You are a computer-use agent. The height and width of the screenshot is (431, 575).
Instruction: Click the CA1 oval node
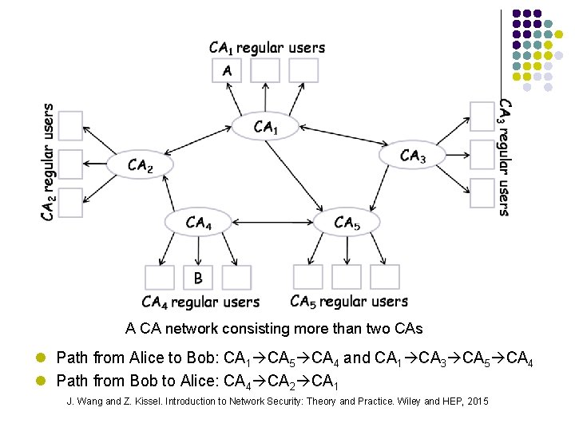pyautogui.click(x=265, y=126)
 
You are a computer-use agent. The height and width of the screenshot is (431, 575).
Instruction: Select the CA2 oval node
pyautogui.click(x=139, y=165)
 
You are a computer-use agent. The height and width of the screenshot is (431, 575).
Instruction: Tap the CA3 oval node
pyautogui.click(x=412, y=155)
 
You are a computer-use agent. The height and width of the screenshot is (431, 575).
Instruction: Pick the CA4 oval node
pyautogui.click(x=198, y=223)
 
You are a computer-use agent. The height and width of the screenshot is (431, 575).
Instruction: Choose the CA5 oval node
pyautogui.click(x=347, y=223)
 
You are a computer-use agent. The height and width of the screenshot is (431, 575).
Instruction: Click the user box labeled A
pyautogui.click(x=227, y=70)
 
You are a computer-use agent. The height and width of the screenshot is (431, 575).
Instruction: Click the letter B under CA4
pyautogui.click(x=198, y=278)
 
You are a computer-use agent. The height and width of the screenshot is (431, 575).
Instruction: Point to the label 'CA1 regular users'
pyautogui.click(x=267, y=48)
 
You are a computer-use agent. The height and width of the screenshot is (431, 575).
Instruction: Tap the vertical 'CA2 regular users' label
pyautogui.click(x=49, y=162)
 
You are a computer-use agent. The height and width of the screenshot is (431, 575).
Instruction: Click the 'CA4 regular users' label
pyautogui.click(x=200, y=302)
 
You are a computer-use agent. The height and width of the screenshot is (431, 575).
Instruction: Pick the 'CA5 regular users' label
pyautogui.click(x=349, y=302)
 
